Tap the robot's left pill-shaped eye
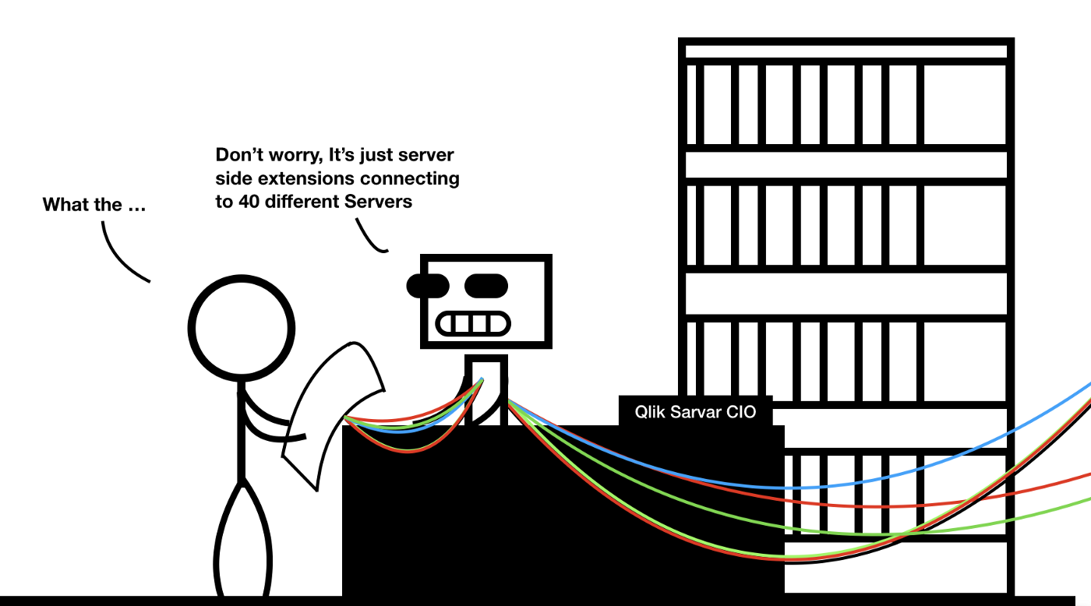pyautogui.click(x=428, y=286)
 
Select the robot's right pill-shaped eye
pyautogui.click(x=486, y=286)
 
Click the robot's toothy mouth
pyautogui.click(x=473, y=322)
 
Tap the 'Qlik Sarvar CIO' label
pyautogui.click(x=695, y=412)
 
